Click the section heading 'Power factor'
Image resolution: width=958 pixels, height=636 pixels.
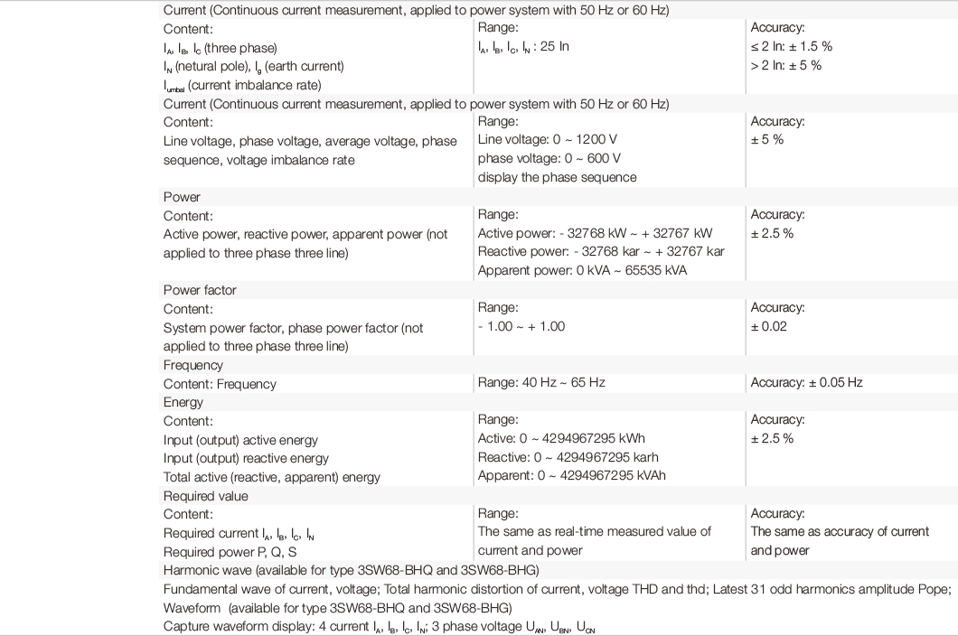(x=200, y=291)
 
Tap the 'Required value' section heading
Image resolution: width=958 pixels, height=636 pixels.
(x=205, y=496)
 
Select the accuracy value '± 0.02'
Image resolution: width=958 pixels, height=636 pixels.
(x=768, y=326)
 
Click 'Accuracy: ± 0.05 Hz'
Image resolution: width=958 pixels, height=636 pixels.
(x=806, y=383)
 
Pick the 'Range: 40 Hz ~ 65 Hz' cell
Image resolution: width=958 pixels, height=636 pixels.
(x=541, y=383)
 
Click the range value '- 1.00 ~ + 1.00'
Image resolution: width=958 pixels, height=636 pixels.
(x=521, y=326)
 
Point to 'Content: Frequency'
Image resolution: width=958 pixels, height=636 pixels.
(x=220, y=383)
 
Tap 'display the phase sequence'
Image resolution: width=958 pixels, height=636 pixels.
(x=558, y=177)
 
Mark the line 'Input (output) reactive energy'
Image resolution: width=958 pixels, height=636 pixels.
(x=246, y=458)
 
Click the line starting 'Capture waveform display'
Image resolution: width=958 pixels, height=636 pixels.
(x=379, y=626)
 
